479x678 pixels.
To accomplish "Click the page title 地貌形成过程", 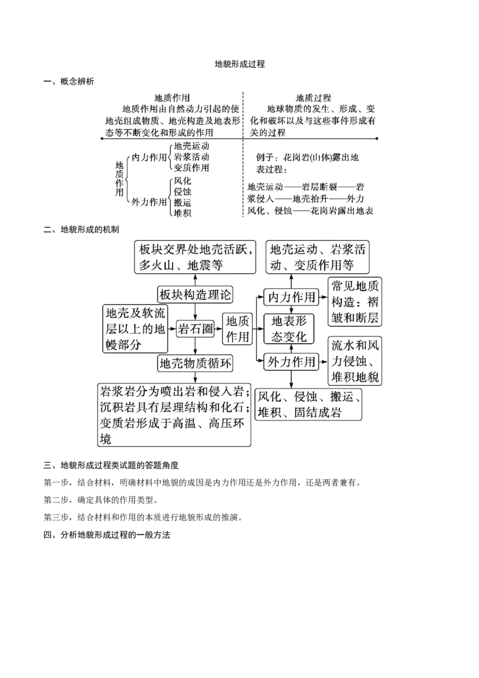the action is tap(239, 64).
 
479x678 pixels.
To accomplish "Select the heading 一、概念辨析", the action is tap(69, 81).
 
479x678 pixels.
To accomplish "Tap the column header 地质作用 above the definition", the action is tap(172, 98).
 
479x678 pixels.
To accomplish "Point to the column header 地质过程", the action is tap(313, 98).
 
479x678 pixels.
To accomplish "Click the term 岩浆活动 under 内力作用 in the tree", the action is tap(192, 156).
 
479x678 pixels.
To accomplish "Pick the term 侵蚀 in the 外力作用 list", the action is tap(183, 192).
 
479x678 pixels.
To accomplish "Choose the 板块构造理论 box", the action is tap(195, 295).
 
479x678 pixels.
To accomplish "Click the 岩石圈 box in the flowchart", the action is tap(195, 329).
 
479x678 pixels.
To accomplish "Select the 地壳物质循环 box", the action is tap(195, 363).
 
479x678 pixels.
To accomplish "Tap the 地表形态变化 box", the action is tap(289, 329).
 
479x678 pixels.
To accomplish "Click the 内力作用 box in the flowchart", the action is tap(291, 297).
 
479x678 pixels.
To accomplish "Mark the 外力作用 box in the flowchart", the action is tap(291, 362).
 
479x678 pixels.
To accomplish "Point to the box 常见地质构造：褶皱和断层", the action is tap(355, 301).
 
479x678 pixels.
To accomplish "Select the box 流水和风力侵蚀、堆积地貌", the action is tap(355, 361).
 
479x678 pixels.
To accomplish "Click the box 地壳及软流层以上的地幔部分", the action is tap(135, 329).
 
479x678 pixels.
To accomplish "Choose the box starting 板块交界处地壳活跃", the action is tap(195, 257).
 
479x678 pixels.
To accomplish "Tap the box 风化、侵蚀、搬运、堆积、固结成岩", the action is tap(309, 404).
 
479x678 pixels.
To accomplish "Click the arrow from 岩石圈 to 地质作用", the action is tap(219, 329).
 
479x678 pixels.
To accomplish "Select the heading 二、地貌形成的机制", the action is tap(81, 229).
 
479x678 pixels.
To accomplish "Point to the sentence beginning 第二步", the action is tap(101, 500).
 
